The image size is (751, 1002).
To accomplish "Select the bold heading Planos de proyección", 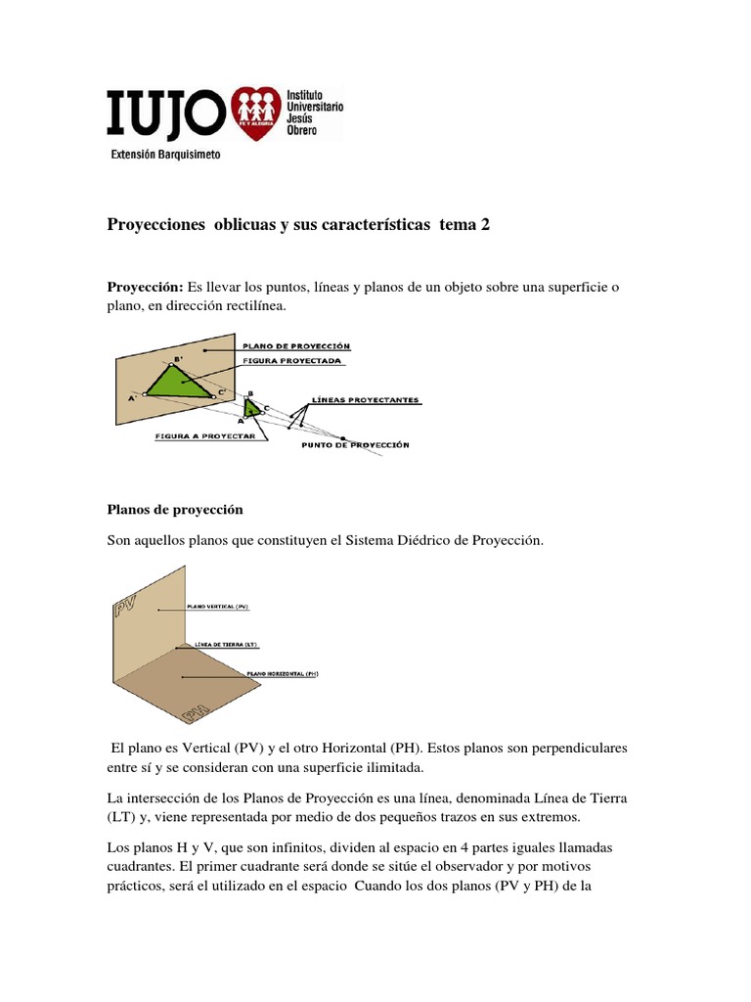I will [174, 510].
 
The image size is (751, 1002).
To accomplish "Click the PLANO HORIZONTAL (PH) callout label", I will [283, 674].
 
